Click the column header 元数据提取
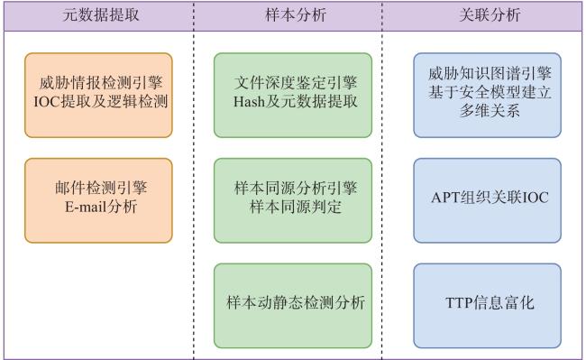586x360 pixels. (101, 15)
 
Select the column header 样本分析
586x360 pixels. (296, 15)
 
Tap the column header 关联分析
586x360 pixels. (490, 15)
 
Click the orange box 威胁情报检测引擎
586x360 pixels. (98, 96)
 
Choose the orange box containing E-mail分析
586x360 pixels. (98, 200)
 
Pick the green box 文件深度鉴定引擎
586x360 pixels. (293, 96)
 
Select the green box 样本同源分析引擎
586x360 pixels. (293, 200)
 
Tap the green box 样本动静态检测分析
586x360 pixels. (293, 306)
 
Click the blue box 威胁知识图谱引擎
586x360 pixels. (488, 96)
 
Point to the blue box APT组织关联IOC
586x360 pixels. (488, 200)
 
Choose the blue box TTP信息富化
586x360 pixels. (488, 306)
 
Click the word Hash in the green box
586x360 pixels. (249, 102)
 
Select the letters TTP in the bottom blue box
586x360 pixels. (459, 303)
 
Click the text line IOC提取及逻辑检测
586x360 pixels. (101, 102)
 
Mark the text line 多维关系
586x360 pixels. (490, 111)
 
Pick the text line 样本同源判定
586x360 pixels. (295, 207)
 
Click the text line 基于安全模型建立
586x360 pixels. (490, 92)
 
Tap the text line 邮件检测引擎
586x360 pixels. (101, 188)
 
